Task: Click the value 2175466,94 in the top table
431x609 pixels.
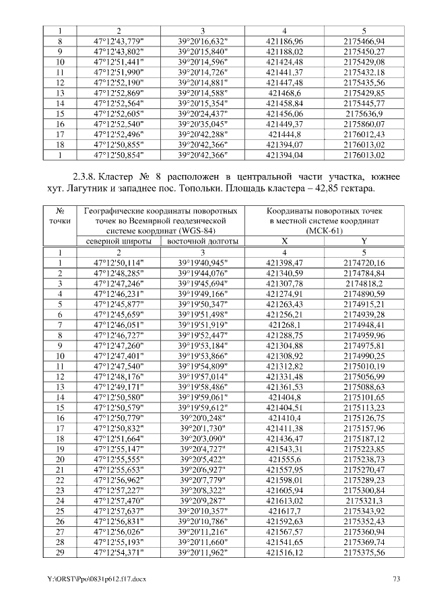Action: [x=364, y=41]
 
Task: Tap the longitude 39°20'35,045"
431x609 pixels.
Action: [x=202, y=124]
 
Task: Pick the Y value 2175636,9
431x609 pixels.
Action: [x=364, y=114]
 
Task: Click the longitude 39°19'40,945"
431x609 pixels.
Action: [x=202, y=262]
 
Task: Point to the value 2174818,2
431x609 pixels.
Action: [x=364, y=283]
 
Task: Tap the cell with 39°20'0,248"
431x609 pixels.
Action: [x=202, y=417]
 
